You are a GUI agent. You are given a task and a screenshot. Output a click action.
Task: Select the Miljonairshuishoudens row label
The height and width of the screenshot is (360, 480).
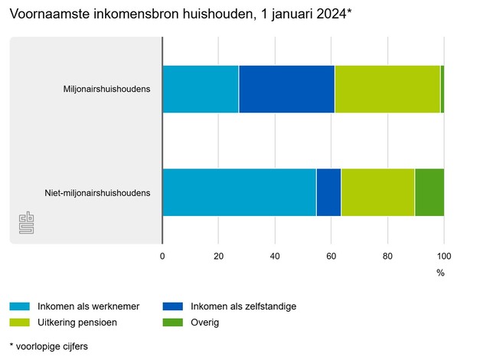point(106,89)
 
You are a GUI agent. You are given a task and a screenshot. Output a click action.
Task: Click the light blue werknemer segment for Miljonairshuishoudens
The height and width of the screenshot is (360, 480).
point(201,89)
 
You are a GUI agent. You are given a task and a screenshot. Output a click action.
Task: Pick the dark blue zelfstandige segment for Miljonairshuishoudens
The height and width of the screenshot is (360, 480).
point(286,89)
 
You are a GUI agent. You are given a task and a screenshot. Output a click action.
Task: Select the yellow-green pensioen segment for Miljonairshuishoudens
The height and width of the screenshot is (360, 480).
point(387,89)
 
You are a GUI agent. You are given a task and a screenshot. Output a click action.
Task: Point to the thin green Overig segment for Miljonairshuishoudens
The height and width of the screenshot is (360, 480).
point(442,89)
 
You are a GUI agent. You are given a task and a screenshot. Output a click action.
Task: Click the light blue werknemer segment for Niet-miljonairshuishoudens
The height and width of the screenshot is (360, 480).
point(239,192)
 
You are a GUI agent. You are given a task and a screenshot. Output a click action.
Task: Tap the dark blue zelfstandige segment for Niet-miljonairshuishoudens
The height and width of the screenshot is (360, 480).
point(328,192)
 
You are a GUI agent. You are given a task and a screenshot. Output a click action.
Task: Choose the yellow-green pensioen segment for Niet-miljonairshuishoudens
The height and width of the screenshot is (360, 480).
point(377,192)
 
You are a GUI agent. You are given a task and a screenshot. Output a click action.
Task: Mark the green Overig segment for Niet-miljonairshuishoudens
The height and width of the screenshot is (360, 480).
point(429,192)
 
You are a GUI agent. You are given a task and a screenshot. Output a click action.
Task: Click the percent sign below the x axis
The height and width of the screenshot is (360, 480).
point(440,273)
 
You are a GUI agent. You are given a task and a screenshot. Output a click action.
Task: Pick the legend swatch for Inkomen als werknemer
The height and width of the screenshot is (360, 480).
point(18,306)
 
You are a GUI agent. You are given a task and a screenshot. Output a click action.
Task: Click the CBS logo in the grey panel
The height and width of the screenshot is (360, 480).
point(26,224)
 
